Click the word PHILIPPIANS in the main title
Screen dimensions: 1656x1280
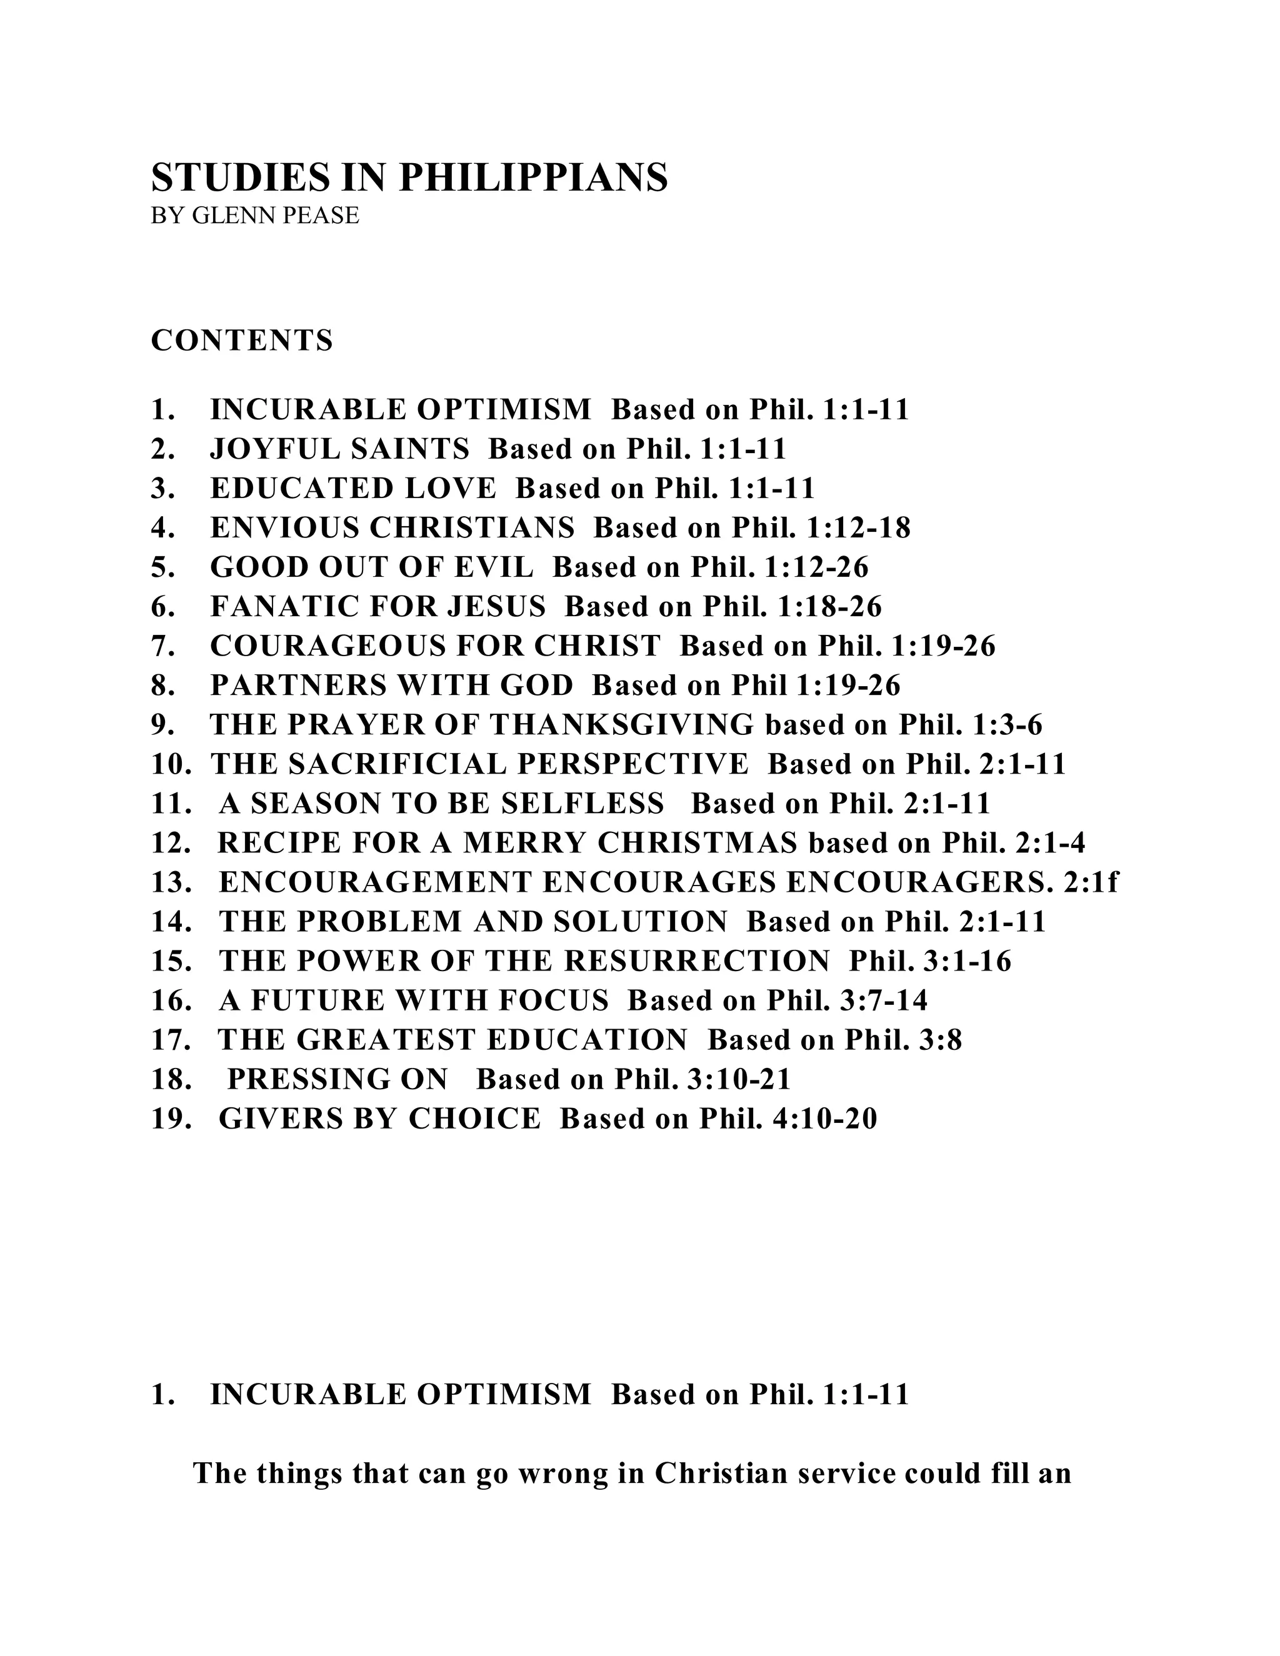[x=533, y=177]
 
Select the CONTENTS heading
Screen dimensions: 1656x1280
[x=242, y=341]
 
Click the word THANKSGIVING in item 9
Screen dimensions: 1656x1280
[x=622, y=725]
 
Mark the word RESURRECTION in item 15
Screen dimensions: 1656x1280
[x=697, y=962]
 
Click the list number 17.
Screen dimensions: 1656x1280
[x=171, y=1040]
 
